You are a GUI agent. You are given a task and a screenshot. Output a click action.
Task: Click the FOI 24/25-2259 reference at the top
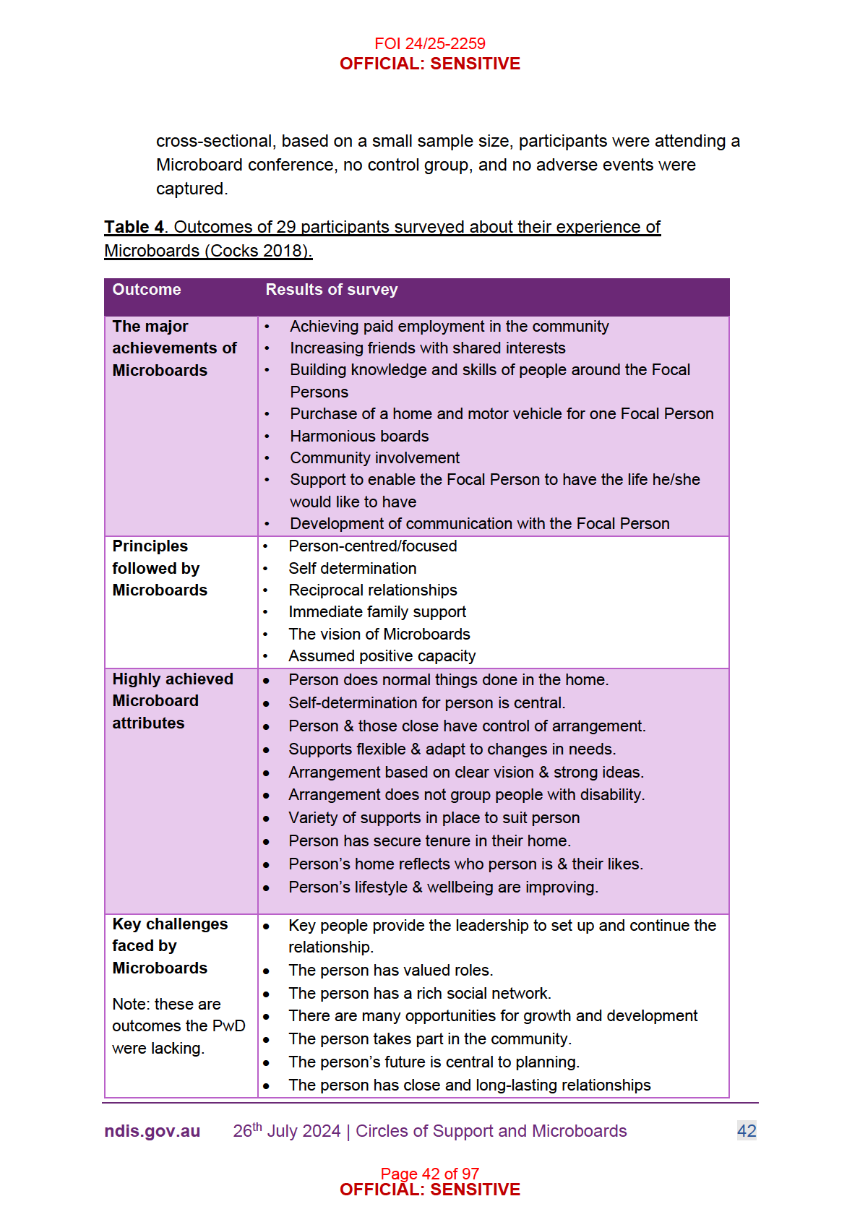click(x=429, y=43)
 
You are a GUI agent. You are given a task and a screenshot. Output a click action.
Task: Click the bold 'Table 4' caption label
click(x=134, y=227)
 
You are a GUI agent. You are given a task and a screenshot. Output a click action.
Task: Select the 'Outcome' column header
click(x=147, y=290)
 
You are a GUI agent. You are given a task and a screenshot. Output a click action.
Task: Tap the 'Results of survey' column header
click(x=332, y=290)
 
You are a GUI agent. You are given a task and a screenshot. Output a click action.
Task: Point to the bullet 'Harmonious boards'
click(x=359, y=437)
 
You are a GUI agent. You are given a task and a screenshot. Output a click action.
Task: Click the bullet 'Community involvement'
click(x=374, y=458)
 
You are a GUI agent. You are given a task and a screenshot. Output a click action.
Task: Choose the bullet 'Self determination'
click(x=352, y=569)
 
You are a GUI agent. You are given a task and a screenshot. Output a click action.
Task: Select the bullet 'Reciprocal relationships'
click(x=372, y=590)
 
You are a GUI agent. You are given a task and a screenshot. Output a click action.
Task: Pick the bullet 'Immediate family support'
click(x=377, y=612)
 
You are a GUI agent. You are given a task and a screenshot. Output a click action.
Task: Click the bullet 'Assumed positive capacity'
click(x=382, y=656)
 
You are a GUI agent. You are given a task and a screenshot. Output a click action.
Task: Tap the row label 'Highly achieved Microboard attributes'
click(x=172, y=701)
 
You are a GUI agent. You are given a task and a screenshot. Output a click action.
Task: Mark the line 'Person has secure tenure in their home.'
click(x=429, y=841)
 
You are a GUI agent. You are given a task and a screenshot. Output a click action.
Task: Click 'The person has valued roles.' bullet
click(x=390, y=971)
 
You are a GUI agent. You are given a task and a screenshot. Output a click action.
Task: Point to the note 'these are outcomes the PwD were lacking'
click(x=179, y=1026)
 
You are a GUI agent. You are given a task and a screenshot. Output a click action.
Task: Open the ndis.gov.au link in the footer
click(x=152, y=1132)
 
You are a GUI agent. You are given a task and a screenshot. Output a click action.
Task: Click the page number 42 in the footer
click(x=747, y=1131)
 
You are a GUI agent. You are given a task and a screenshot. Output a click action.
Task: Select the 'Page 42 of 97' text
click(x=429, y=1173)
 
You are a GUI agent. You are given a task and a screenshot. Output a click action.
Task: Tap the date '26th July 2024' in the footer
click(x=286, y=1132)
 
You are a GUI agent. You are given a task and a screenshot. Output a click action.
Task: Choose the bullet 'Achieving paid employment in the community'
click(x=449, y=327)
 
